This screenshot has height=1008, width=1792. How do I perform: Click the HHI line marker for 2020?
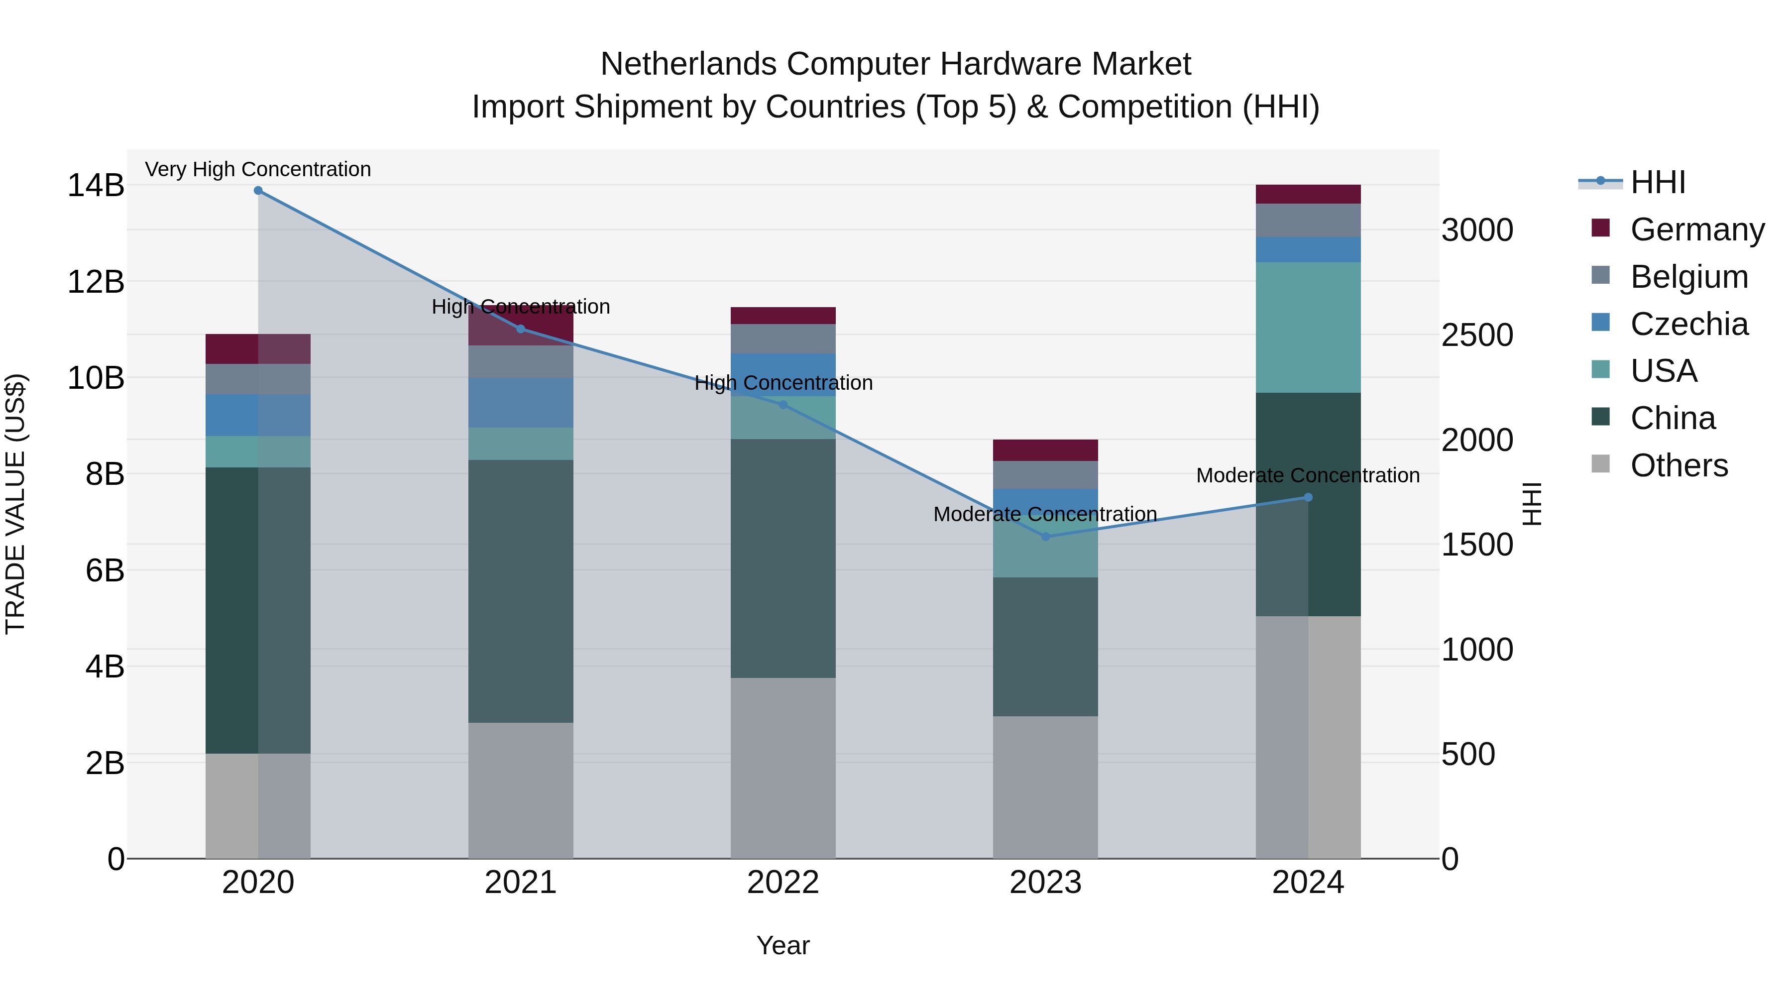point(258,191)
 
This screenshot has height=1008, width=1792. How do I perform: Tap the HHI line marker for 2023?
point(1045,536)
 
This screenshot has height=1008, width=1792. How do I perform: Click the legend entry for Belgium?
point(1688,277)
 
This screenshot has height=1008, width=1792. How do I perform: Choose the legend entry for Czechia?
point(1688,324)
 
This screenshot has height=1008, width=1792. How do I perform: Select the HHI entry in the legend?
point(1658,182)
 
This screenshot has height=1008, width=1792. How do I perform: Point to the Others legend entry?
point(1679,465)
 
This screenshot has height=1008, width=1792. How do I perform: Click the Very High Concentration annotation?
point(258,170)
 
